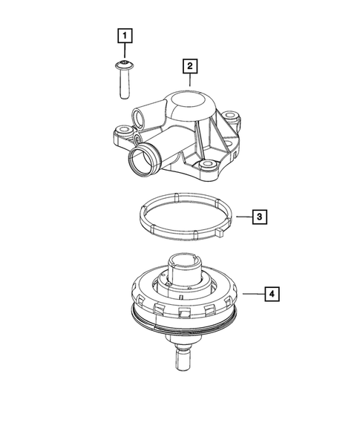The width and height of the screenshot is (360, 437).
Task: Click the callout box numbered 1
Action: (125, 35)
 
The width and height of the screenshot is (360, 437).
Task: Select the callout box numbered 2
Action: (191, 68)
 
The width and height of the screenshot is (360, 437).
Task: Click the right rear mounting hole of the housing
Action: (233, 117)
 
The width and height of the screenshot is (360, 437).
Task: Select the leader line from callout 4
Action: (252, 295)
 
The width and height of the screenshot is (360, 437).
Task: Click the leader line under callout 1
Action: (125, 52)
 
